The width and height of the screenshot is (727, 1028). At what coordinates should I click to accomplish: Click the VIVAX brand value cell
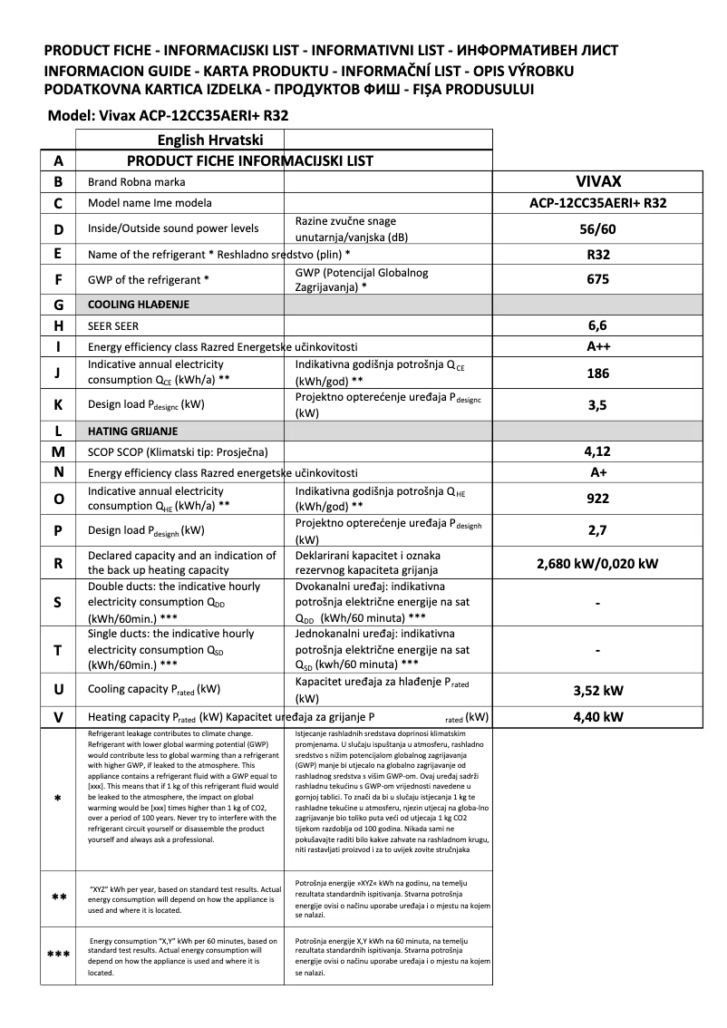coord(597,181)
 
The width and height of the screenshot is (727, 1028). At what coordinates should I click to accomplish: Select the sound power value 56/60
coord(597,228)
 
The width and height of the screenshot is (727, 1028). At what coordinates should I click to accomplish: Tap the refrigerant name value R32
coord(597,255)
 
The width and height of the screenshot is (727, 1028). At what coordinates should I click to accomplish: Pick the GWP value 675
coord(597,280)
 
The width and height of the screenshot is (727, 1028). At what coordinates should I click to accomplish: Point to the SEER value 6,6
coord(597,325)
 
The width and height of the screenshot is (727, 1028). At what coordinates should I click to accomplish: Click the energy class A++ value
coord(597,345)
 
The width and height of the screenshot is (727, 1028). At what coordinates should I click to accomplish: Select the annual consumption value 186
coord(597,373)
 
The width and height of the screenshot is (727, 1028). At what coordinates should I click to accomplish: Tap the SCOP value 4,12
coord(597,451)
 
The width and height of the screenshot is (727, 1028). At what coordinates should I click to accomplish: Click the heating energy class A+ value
coord(597,471)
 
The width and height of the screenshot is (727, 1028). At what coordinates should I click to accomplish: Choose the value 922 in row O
coord(597,498)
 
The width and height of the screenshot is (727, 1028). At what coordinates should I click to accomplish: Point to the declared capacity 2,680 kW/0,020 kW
coord(597,563)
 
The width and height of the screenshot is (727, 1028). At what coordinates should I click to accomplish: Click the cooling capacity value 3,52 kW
coord(597,691)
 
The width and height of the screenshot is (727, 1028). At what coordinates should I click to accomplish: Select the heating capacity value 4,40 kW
coord(597,717)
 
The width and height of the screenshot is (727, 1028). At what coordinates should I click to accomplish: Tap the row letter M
coord(58,451)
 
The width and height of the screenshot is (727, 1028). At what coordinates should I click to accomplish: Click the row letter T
coord(58,650)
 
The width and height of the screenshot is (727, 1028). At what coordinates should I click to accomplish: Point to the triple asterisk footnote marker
coord(58,955)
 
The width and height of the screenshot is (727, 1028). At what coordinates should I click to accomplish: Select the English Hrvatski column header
coord(210,141)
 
